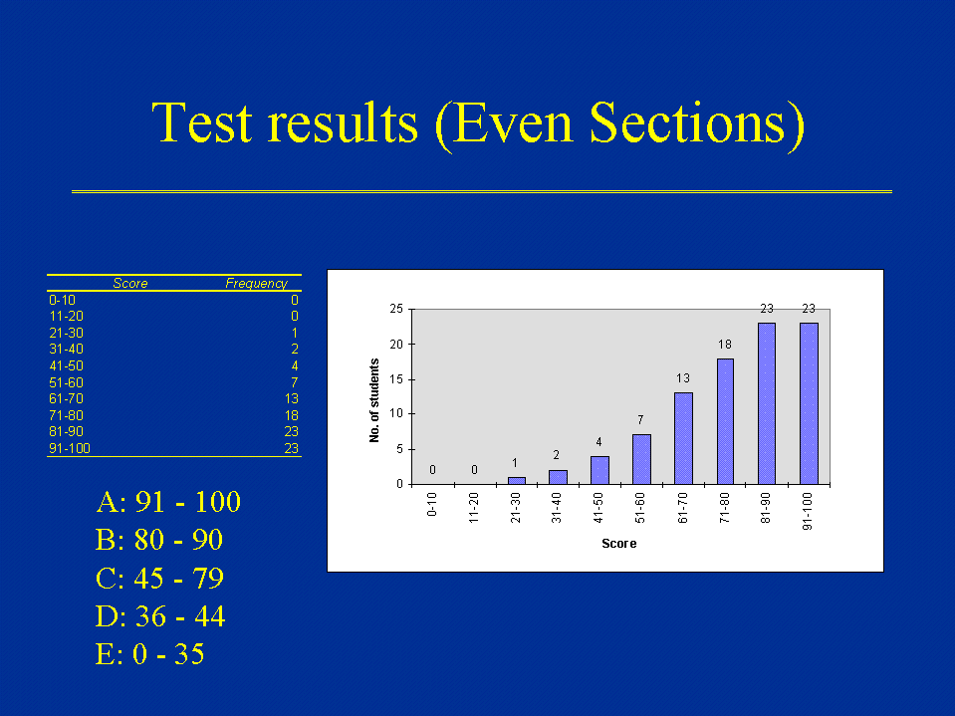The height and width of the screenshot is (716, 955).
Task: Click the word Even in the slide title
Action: click(x=513, y=122)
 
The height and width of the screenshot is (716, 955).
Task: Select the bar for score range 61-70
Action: click(x=683, y=438)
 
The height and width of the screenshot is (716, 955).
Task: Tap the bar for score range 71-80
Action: click(x=725, y=421)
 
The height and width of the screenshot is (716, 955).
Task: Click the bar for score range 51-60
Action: click(x=642, y=459)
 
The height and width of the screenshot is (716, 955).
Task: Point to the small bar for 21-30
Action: click(x=517, y=480)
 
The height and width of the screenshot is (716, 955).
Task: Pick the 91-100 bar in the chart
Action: click(x=809, y=403)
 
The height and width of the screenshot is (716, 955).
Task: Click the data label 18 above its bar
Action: click(x=725, y=345)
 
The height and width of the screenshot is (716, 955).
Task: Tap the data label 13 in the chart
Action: click(x=683, y=378)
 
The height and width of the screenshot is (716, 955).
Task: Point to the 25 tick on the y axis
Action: click(x=396, y=309)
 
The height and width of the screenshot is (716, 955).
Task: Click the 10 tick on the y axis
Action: click(x=396, y=413)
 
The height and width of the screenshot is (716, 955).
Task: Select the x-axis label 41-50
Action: click(x=598, y=508)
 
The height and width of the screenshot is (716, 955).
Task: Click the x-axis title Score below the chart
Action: click(x=618, y=544)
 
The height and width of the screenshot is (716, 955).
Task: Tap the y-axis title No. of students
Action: click(x=374, y=400)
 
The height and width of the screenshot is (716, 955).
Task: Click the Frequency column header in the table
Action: click(x=256, y=283)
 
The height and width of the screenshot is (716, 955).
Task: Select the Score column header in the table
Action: click(x=130, y=283)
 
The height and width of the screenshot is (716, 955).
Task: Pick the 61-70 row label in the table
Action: click(x=67, y=398)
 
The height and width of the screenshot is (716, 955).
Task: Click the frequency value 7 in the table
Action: click(x=294, y=382)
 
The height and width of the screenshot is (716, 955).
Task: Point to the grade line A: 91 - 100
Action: click(x=168, y=502)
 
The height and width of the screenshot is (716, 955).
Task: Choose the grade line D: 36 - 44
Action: click(x=160, y=616)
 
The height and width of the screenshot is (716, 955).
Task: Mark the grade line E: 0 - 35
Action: click(x=149, y=654)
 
